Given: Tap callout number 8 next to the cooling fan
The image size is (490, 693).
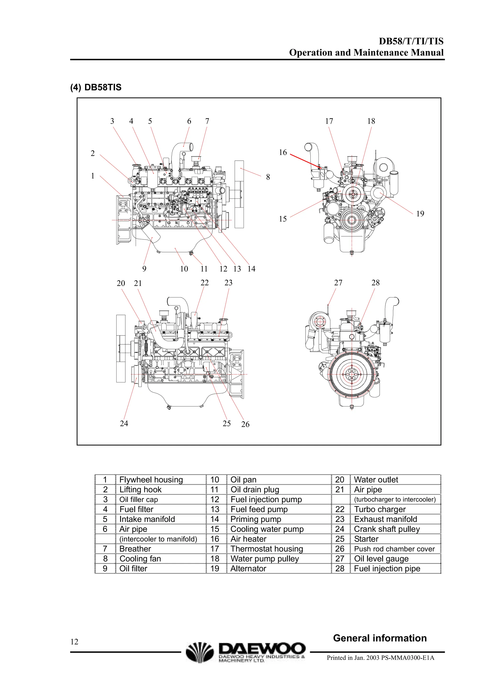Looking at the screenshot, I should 268,177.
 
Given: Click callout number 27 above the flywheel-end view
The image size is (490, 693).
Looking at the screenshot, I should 338,283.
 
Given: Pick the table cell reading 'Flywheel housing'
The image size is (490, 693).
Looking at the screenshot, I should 151,480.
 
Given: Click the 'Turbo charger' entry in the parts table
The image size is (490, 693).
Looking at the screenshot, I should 379,510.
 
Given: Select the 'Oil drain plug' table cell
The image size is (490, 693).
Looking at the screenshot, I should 255,489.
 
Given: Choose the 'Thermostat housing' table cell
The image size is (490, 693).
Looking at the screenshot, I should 267,549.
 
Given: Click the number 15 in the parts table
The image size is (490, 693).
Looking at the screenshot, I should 215,529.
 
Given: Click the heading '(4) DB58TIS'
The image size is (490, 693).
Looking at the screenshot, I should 96,88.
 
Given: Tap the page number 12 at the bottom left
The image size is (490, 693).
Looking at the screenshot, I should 74,642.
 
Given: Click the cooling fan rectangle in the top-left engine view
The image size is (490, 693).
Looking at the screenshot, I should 239,195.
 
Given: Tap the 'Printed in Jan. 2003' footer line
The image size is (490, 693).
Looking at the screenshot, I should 380,658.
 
